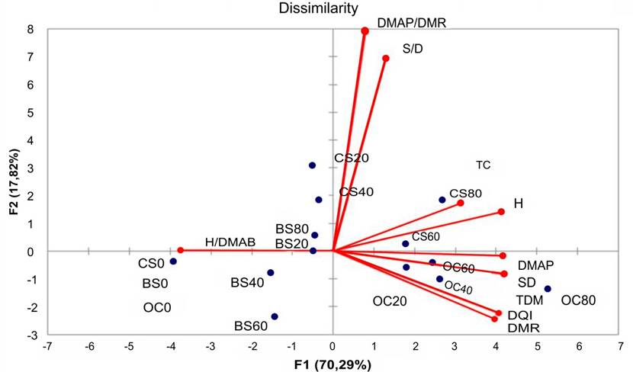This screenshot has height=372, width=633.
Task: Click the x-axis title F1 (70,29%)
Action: click(x=333, y=364)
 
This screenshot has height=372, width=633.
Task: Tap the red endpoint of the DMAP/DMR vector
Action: click(x=365, y=31)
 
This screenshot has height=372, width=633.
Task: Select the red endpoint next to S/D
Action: click(x=386, y=59)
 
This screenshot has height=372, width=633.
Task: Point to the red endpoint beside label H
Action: click(x=501, y=212)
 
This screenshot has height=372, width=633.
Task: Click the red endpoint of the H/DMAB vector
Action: click(x=181, y=250)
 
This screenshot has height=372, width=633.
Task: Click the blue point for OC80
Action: click(x=548, y=289)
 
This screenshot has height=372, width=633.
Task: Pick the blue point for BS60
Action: click(x=275, y=316)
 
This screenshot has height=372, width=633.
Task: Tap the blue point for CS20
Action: click(x=312, y=165)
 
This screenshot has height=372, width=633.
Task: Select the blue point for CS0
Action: click(x=173, y=261)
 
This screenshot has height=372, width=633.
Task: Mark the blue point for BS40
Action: click(x=270, y=273)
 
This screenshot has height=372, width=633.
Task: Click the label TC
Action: click(x=483, y=165)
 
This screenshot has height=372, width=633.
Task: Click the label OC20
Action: click(x=390, y=301)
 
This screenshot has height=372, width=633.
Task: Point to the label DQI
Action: click(x=519, y=315)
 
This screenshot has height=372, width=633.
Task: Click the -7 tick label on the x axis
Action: click(x=47, y=347)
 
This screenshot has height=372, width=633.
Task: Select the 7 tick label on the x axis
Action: click(x=619, y=347)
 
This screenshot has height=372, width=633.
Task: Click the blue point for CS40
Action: click(x=319, y=200)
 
